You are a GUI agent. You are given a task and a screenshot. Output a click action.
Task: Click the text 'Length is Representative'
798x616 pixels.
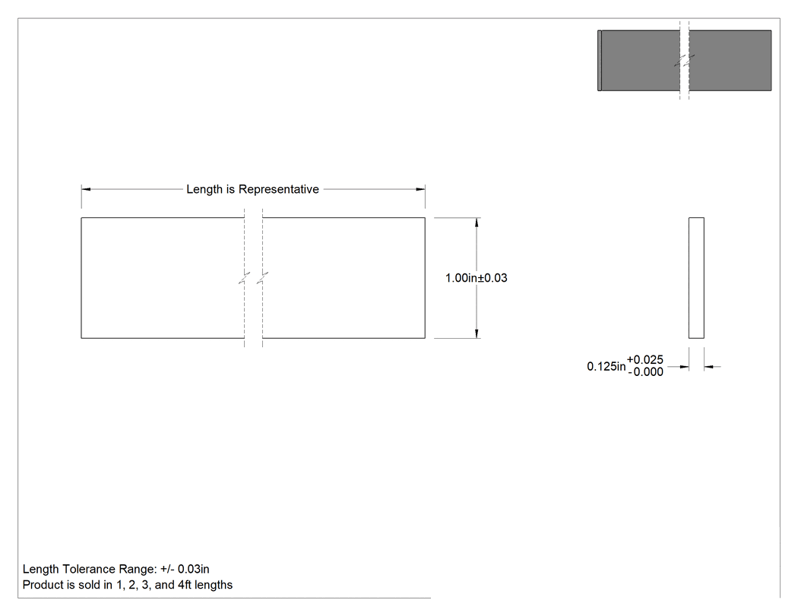tap(252, 189)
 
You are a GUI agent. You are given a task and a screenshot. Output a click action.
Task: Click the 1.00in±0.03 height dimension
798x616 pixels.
tap(477, 278)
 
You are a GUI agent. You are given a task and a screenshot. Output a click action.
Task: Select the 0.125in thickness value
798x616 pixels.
tap(606, 366)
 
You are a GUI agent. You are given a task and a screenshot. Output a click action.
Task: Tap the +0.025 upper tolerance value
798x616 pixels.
tap(644, 359)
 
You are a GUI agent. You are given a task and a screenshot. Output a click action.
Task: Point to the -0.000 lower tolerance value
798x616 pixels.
tap(645, 372)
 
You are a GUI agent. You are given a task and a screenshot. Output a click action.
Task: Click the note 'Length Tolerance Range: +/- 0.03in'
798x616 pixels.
tap(116, 569)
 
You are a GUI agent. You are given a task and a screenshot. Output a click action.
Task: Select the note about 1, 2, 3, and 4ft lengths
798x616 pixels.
tap(128, 585)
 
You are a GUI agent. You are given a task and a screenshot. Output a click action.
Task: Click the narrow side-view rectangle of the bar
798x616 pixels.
tap(696, 278)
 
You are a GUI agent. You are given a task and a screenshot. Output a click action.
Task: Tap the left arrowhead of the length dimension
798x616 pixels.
tap(86, 189)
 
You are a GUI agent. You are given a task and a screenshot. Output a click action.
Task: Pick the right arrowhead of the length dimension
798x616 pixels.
tap(420, 189)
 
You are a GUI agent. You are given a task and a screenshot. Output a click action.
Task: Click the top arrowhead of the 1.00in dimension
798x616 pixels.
tap(477, 223)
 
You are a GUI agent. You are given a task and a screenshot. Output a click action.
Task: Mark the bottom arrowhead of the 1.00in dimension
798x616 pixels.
tap(477, 333)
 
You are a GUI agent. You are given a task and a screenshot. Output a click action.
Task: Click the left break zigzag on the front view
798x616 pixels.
tap(244, 278)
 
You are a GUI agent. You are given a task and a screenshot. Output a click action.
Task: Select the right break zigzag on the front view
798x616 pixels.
tap(263, 278)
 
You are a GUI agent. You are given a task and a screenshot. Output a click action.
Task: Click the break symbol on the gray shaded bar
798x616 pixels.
tap(685, 61)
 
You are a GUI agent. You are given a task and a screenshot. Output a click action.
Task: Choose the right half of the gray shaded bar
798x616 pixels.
tap(730, 61)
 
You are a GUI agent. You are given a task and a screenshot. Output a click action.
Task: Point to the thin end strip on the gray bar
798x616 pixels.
tap(600, 61)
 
